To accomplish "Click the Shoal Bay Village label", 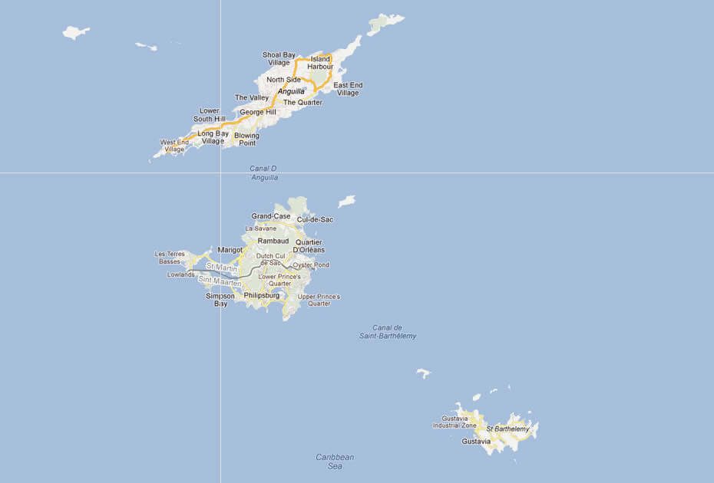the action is point(279,58).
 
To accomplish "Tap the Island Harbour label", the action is point(320,63).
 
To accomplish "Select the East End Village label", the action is point(348,89).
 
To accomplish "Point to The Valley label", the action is point(252,97).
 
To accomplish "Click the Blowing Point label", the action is point(246,140).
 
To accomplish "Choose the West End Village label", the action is point(174,146).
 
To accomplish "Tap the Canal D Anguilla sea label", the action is point(263,172).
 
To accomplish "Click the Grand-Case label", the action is point(271,216).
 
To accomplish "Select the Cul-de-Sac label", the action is point(315,219).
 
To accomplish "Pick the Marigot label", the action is point(230,250).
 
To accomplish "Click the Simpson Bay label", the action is point(220,299).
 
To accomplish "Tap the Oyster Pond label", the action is point(311,265).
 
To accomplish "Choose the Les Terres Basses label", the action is point(170,258).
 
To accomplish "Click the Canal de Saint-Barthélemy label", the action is point(388,332).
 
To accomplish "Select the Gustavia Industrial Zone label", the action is point(459,422).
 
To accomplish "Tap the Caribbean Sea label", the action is point(335,461).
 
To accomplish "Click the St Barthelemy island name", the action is point(507,429).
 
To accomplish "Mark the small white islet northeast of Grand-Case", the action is point(347,201).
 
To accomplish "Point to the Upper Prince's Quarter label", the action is point(319,300).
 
